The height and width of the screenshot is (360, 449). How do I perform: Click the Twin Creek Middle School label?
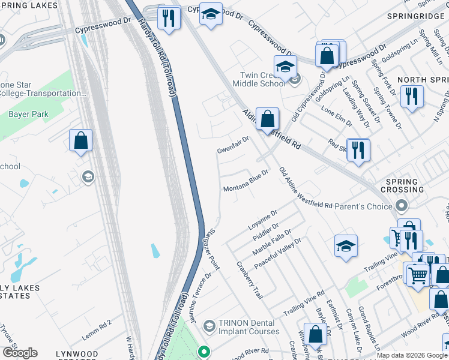point(263,79)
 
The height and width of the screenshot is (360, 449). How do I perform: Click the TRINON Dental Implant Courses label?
point(249,326)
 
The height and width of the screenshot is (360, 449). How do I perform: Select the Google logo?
point(20,352)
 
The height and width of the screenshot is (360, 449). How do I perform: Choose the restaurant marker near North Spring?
point(412,96)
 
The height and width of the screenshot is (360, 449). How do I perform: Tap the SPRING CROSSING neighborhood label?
point(402,186)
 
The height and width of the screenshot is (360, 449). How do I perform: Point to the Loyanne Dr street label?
point(262,221)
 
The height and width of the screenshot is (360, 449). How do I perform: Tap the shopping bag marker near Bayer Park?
point(81,141)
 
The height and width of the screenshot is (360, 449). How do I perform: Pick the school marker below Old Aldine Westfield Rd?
point(346,246)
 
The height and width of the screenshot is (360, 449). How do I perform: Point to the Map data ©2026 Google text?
point(412,355)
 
